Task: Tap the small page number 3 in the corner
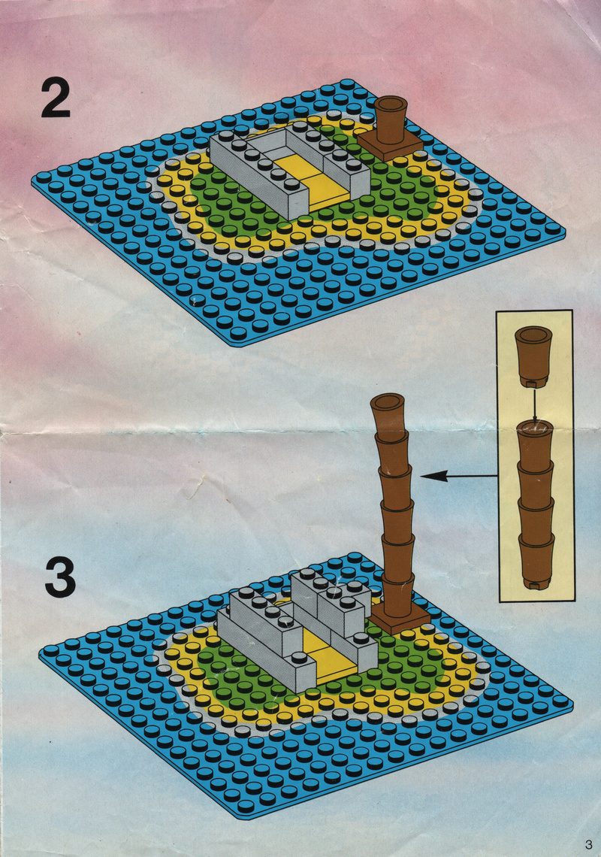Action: [x=588, y=844]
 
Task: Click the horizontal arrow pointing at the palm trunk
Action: [x=459, y=477]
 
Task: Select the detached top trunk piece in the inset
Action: [x=534, y=357]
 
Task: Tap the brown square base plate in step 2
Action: [x=390, y=145]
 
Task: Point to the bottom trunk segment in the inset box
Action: [x=536, y=563]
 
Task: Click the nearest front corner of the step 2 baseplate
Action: [x=240, y=344]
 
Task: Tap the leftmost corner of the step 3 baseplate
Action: [x=41, y=653]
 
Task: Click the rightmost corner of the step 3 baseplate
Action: [x=572, y=706]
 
